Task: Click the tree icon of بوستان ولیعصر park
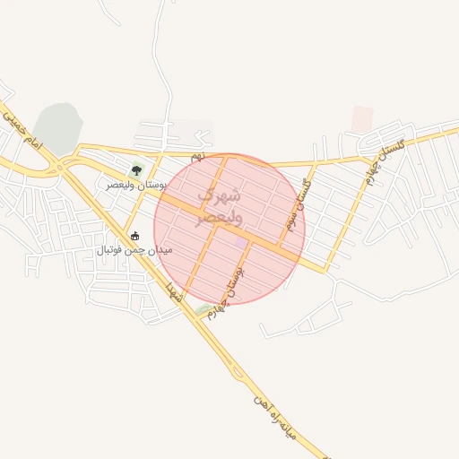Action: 136,169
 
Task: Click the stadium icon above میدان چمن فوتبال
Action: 135,237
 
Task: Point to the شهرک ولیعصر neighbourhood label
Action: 218,205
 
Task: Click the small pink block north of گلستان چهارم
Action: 362,118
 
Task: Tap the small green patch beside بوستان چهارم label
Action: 203,310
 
